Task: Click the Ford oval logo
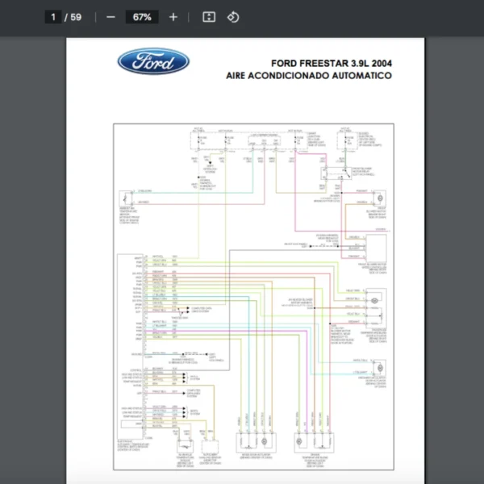(153, 61)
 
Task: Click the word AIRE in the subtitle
(239, 76)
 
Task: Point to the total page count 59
(76, 17)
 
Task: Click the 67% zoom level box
(142, 17)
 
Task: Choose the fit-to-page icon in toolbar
(208, 17)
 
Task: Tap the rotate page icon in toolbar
(233, 17)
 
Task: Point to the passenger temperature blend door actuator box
(376, 301)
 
